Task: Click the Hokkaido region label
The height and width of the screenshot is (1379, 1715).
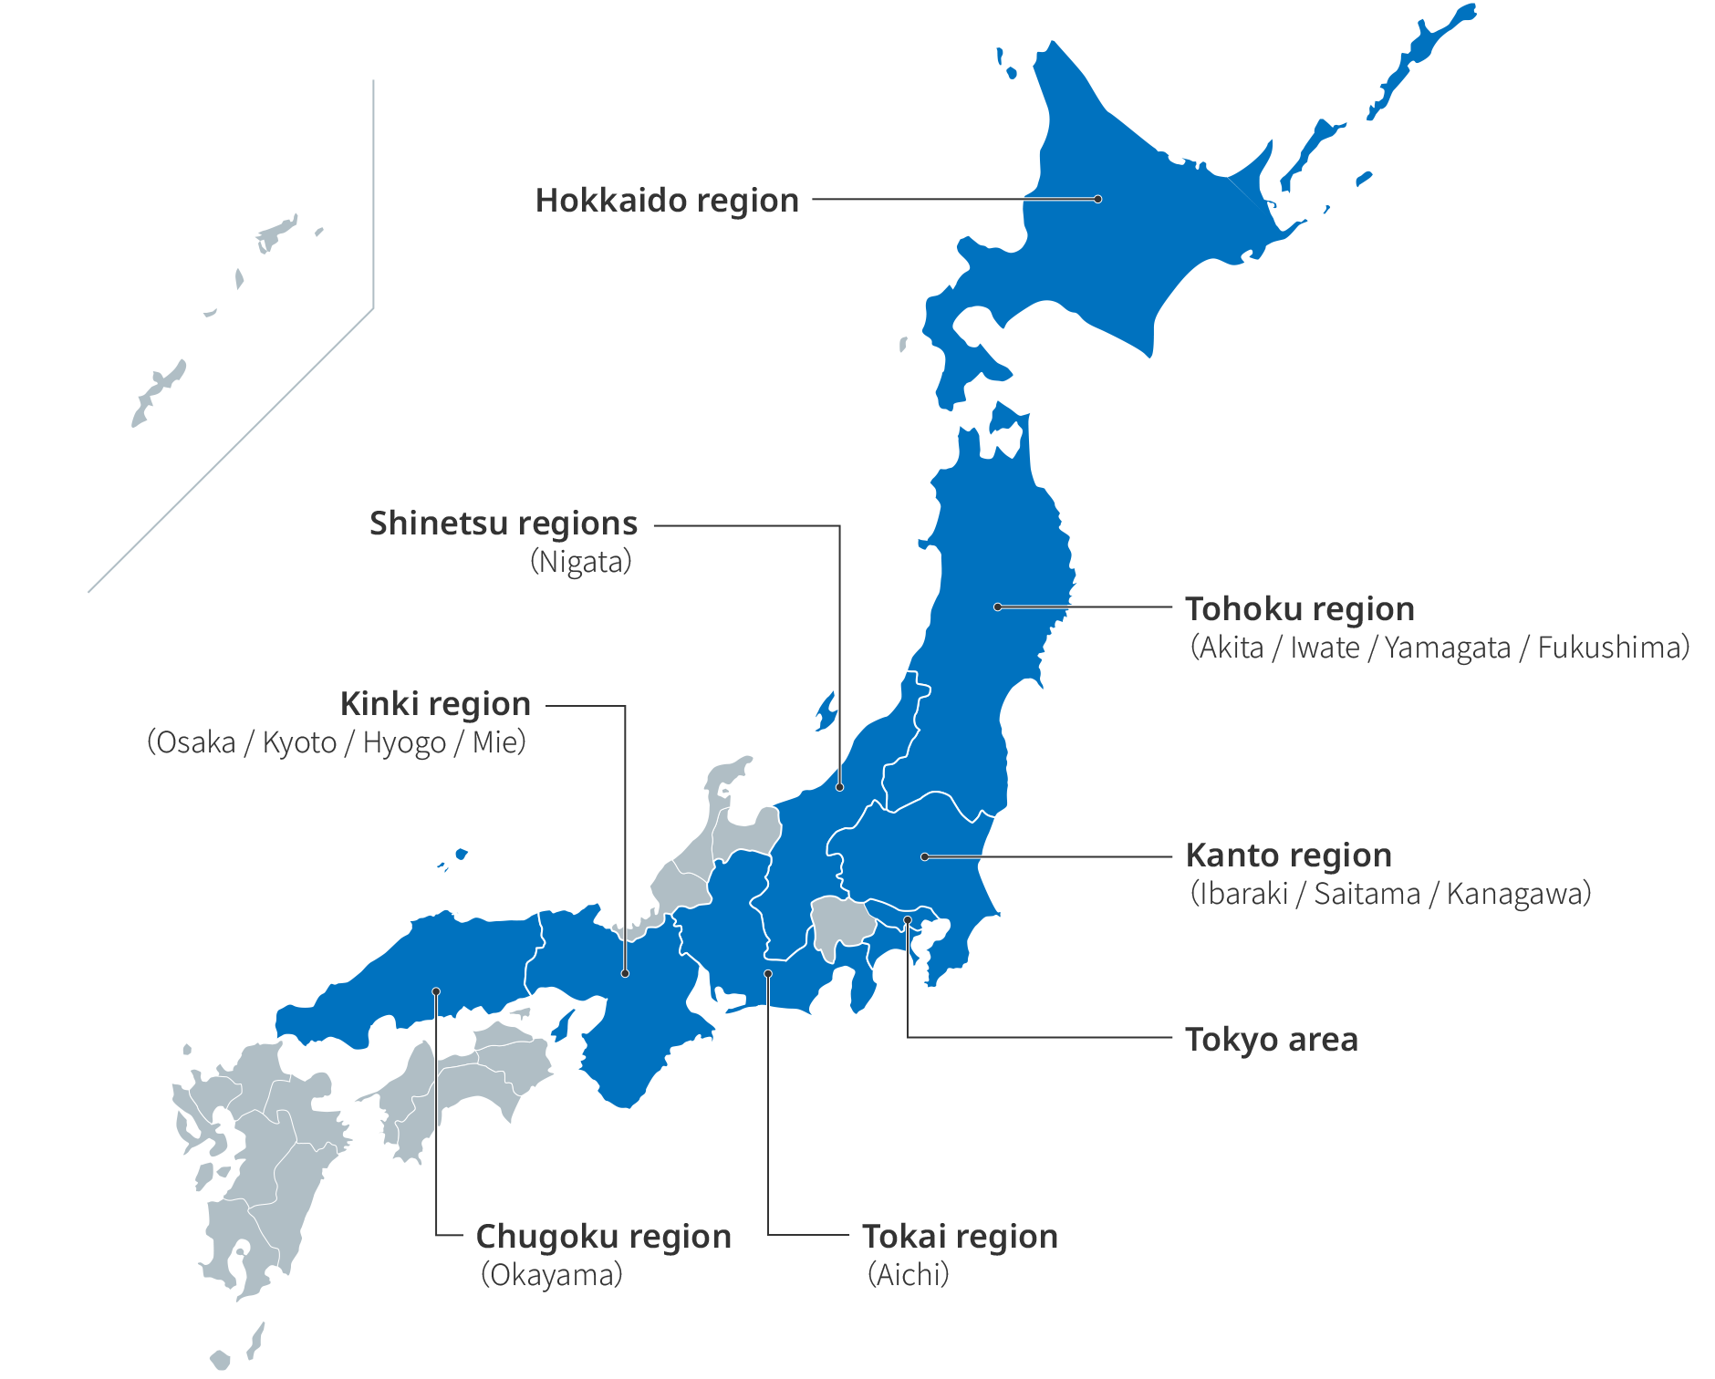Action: point(667,201)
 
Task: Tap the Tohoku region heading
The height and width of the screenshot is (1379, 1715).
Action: point(1299,608)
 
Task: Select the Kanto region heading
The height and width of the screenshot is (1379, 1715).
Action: point(1288,855)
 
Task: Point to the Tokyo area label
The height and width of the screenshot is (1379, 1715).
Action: point(1271,1040)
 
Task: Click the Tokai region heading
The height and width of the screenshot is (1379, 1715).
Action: point(960,1237)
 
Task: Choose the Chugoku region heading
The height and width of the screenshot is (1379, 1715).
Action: point(603,1237)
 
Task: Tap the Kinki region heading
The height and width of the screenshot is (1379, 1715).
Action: point(435,704)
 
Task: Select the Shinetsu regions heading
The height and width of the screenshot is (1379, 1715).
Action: point(503,524)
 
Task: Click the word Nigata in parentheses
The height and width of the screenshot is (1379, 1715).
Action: point(581,562)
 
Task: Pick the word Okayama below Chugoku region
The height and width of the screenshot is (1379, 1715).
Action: point(552,1275)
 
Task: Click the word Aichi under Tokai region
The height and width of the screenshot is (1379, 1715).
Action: point(909,1275)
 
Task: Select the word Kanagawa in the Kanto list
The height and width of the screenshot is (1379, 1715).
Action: point(1514,894)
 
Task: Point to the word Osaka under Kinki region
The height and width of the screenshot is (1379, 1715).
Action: point(196,742)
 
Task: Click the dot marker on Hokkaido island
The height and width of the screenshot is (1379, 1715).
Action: point(1098,199)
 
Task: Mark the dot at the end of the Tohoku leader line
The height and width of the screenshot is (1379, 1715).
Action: point(998,607)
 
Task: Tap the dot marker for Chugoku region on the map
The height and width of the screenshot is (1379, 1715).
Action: point(436,991)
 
